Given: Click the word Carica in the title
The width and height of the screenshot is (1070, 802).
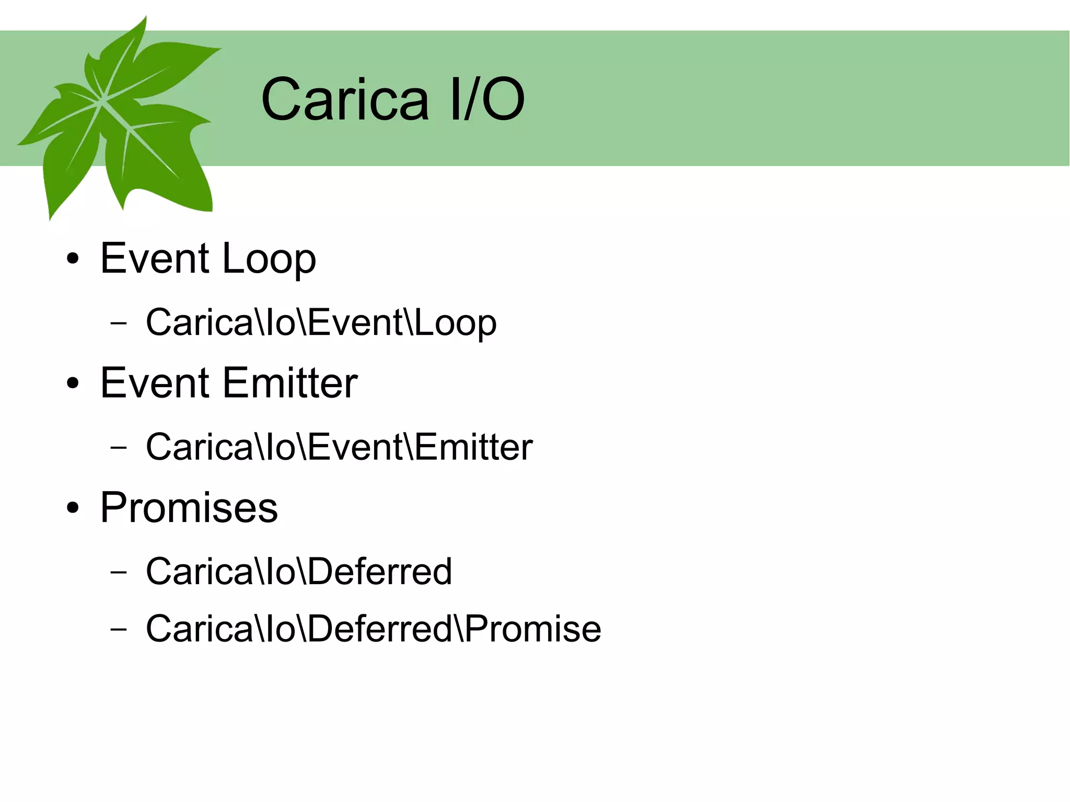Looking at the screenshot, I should pos(345,99).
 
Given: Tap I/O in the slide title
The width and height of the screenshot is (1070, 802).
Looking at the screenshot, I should pos(486,99).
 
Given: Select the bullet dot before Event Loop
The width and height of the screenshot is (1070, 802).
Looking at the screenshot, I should pos(73,259).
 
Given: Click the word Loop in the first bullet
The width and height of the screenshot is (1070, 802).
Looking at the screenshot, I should pos(269,259).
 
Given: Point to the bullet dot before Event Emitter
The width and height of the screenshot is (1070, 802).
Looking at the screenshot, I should pos(73,383).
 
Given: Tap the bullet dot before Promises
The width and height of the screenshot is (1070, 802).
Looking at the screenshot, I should pos(73,507).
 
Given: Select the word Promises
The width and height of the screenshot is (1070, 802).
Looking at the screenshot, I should pos(189,507).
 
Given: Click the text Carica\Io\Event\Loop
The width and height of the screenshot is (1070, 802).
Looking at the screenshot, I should pos(321,322).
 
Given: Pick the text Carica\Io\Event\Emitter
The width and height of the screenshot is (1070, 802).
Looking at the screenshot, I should pos(339,447).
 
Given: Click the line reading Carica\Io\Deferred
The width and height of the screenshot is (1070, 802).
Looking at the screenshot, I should pos(298,571).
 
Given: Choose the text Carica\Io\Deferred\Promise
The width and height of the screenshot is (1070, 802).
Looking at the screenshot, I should pos(373,628).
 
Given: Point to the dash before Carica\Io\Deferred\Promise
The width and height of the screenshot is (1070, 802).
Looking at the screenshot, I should pos(119,629).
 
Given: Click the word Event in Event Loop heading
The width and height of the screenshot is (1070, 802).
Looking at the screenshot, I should pos(155,259).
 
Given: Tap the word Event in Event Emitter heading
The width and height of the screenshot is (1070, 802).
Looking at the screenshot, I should pos(155,383).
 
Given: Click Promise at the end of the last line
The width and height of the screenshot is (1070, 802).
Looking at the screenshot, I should pos(533,628).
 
